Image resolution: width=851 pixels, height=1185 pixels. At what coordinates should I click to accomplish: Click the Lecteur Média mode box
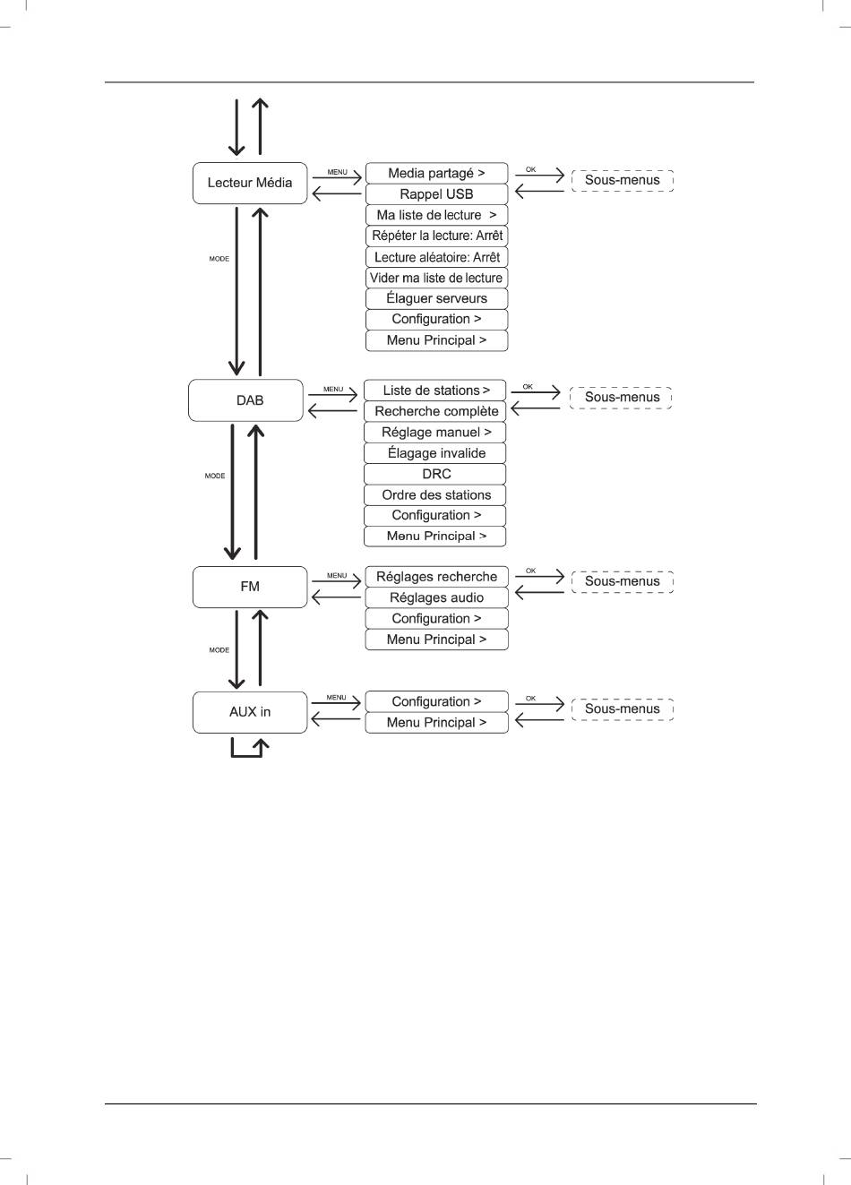tap(250, 183)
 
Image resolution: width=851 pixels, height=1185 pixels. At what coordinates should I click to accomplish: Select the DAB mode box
tap(245, 400)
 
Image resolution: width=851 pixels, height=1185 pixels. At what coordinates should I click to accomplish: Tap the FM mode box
tap(250, 588)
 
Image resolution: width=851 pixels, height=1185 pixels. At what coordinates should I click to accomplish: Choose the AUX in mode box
tap(250, 712)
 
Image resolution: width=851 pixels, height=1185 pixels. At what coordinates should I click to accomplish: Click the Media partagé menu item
tap(436, 173)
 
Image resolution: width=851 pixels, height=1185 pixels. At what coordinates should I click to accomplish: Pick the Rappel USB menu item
tap(436, 194)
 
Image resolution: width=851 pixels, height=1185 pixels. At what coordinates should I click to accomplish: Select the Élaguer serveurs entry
tap(436, 298)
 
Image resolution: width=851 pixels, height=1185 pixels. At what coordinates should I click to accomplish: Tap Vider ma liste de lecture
tap(436, 278)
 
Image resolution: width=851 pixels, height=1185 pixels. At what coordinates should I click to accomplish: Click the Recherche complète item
tap(435, 411)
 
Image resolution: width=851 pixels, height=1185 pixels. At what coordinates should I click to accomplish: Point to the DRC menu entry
tap(435, 474)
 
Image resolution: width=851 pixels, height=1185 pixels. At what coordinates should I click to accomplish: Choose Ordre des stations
tap(435, 494)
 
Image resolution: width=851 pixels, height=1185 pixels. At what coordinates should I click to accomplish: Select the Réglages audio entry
tap(436, 597)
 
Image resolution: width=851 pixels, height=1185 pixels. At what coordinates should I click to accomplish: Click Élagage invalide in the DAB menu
tap(435, 453)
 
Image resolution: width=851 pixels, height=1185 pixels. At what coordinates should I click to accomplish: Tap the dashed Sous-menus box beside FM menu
tap(623, 581)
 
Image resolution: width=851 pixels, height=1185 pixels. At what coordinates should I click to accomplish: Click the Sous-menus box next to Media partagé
tap(623, 180)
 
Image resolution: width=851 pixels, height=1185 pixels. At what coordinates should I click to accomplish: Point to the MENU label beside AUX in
tap(336, 697)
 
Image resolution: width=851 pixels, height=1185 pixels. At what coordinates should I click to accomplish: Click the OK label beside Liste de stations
tap(528, 387)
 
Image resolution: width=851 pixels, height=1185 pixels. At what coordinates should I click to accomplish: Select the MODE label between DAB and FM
tap(215, 476)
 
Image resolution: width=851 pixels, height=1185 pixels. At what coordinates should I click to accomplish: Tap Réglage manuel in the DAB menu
tap(435, 433)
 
